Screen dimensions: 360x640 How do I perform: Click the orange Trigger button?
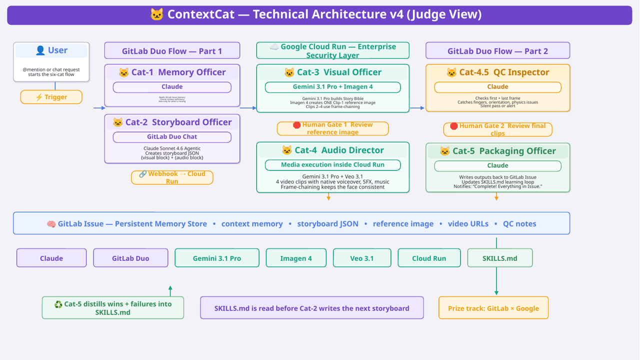51,97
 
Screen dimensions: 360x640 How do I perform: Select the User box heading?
51,50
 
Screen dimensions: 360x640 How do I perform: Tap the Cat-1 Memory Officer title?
172,72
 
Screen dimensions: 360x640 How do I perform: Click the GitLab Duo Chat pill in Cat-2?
172,137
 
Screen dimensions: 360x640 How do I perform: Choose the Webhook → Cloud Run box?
172,177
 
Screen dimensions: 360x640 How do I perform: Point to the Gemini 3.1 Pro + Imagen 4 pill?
332,87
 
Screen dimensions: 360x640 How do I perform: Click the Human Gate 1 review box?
332,128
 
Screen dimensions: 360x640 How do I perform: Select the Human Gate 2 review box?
497,129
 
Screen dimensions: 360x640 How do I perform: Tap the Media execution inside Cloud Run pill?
332,165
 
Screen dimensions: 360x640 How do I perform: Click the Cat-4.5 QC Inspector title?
497,72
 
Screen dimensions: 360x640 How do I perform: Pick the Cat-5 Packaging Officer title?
497,151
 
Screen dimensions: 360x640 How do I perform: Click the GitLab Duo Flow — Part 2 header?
497,51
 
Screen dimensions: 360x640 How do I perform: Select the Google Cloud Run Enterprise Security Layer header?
332,50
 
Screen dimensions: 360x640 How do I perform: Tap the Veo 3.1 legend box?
362,258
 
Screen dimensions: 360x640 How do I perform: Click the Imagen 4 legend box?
296,258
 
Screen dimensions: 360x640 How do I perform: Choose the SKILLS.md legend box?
499,258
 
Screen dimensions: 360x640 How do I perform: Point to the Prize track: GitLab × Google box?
493,308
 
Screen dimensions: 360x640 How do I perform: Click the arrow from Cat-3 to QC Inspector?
417,108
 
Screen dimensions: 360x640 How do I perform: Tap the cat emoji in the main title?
157,14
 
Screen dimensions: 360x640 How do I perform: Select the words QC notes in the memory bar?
519,223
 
